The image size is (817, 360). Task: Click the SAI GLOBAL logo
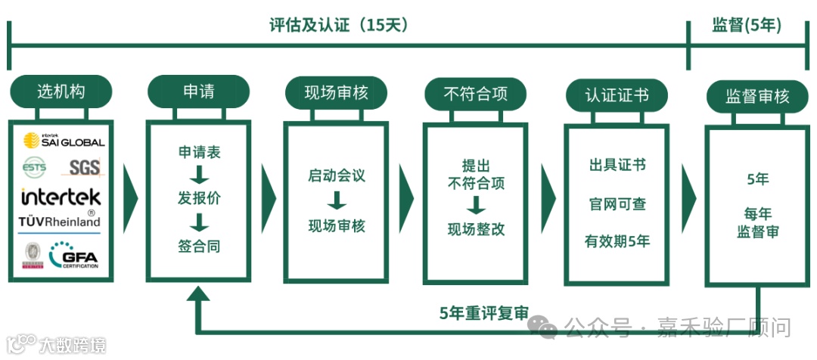point(64,141)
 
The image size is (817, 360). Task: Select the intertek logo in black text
point(61,197)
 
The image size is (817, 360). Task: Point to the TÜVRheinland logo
point(60,222)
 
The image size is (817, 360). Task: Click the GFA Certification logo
point(74,256)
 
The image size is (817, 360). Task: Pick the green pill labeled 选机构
point(61,92)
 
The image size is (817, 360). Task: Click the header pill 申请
point(198,92)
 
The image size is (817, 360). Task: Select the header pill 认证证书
point(616,96)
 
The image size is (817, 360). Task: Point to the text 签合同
point(199,247)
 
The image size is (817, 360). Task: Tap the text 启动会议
point(336,175)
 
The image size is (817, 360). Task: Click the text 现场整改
point(476,230)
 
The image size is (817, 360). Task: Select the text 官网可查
point(617,204)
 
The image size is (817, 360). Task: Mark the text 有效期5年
point(617,241)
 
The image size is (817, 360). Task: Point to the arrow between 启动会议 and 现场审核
point(337,200)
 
